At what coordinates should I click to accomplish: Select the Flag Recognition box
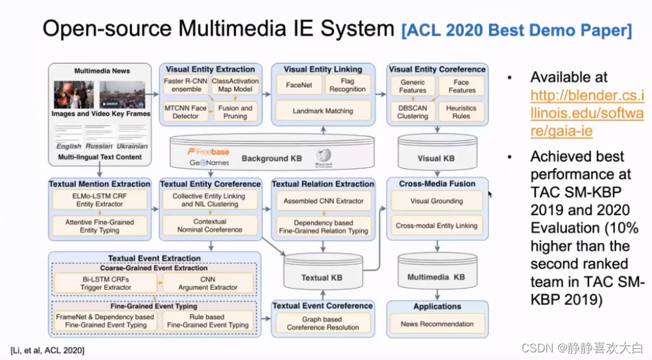coord(347,85)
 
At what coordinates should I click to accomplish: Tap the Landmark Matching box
coord(322,111)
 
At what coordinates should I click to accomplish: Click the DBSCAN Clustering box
coord(412,111)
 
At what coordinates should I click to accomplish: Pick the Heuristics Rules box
coord(461,111)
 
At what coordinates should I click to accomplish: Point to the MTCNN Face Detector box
coord(186,111)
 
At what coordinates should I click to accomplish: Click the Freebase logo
coord(208,152)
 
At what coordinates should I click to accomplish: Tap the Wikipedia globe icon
coord(323,156)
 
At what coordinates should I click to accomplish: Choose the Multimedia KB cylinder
coord(436,274)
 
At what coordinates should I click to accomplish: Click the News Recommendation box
coord(437,324)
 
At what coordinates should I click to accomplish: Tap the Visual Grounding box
coord(437,201)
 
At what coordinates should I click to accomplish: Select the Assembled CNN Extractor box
coord(322,201)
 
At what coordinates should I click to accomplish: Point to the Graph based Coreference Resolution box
coord(322,323)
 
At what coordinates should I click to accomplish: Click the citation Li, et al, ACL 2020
coord(47,350)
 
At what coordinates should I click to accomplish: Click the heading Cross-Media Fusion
coord(437,184)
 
